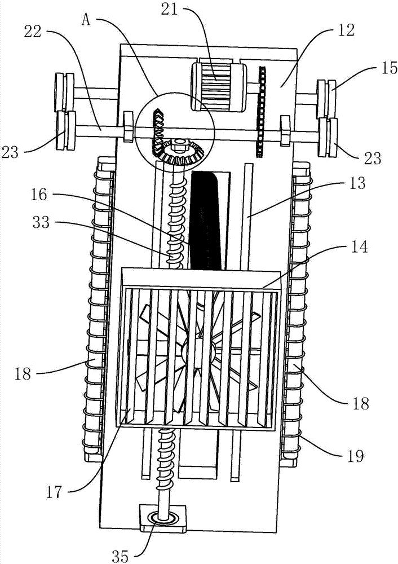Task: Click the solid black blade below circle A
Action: click(x=206, y=220)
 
